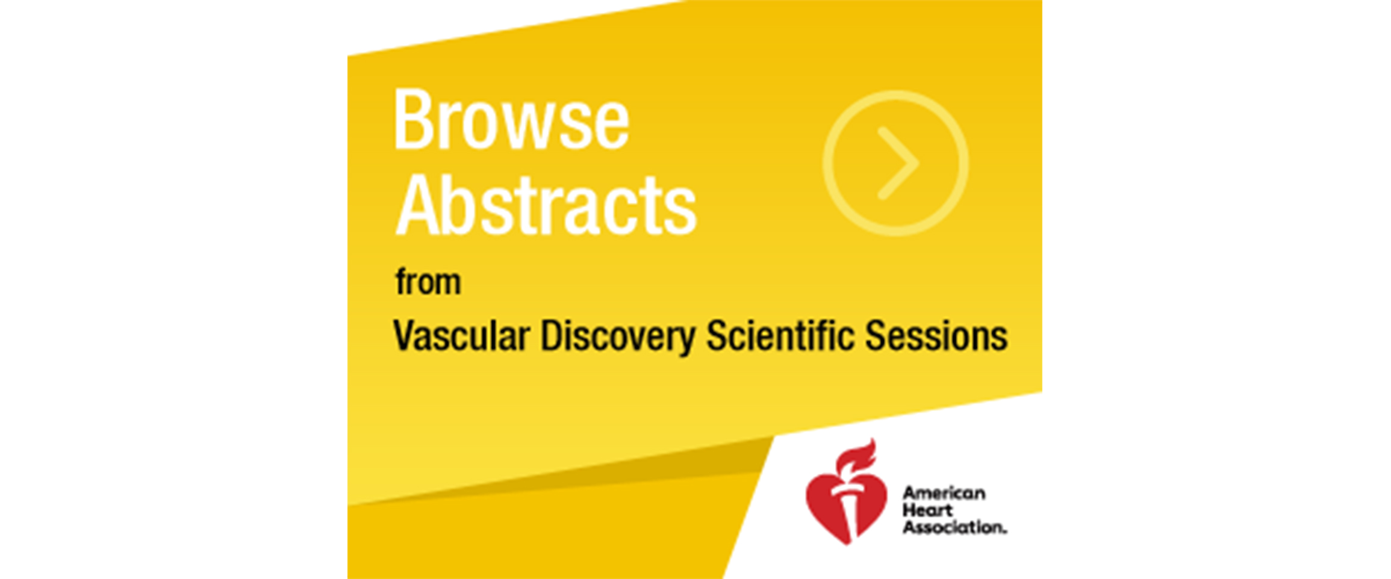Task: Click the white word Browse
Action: (x=511, y=119)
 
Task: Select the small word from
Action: (x=428, y=282)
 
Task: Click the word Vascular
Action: (x=461, y=335)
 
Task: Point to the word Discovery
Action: (x=618, y=336)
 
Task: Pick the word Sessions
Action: (x=936, y=335)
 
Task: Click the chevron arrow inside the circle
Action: (x=898, y=163)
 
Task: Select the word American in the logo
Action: (x=944, y=494)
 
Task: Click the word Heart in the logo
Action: (x=927, y=510)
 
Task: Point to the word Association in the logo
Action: (x=954, y=527)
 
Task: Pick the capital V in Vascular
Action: (x=406, y=335)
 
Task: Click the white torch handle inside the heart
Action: (x=848, y=512)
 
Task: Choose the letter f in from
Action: (x=401, y=282)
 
